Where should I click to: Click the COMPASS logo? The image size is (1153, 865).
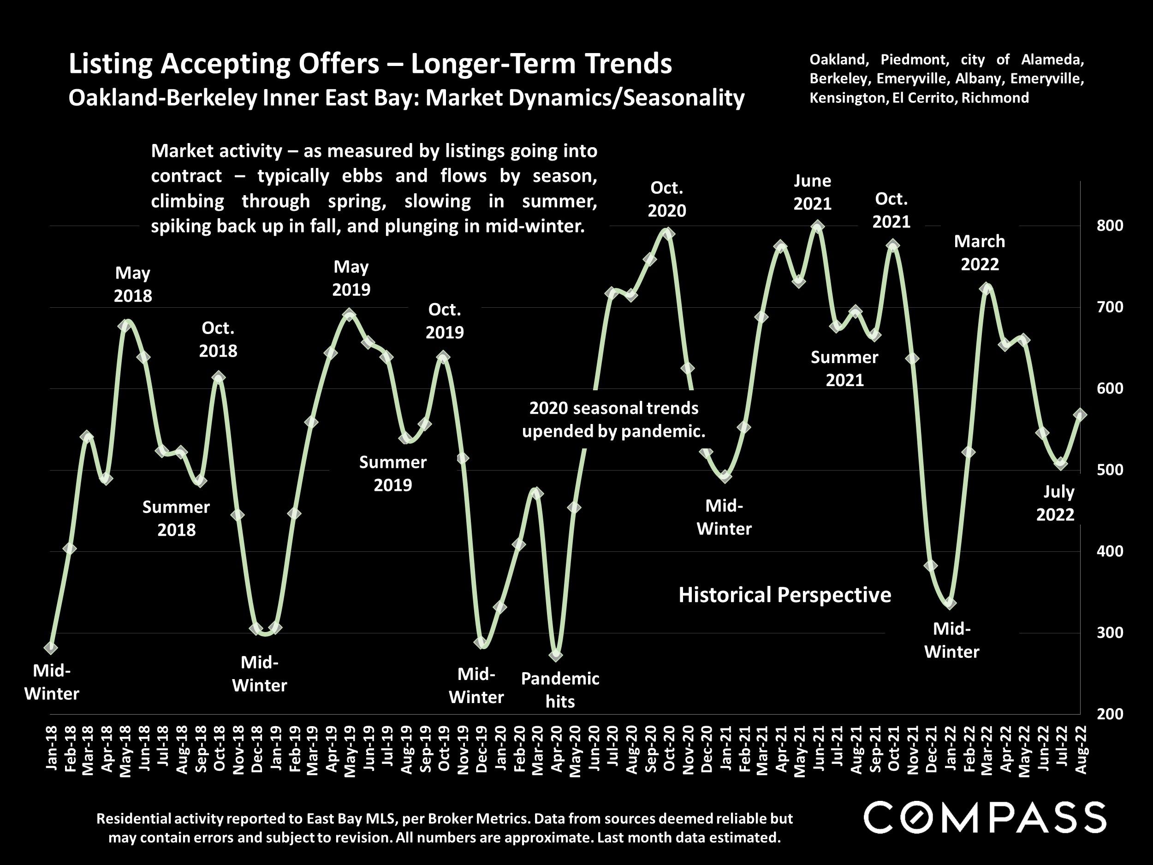click(985, 817)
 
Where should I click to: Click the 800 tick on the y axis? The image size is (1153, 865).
click(1110, 226)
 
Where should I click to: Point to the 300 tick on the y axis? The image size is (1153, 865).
click(1110, 632)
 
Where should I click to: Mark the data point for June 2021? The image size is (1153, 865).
click(818, 227)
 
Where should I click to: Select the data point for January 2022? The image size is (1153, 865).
click(950, 603)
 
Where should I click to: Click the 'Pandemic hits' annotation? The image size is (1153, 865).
click(560, 690)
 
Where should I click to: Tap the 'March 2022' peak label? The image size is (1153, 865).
click(980, 253)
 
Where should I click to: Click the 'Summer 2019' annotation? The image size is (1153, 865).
click(392, 473)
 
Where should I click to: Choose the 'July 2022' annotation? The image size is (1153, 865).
click(1055, 503)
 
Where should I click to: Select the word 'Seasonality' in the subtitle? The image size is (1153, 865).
click(684, 98)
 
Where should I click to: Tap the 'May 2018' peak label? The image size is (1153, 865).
click(133, 284)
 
